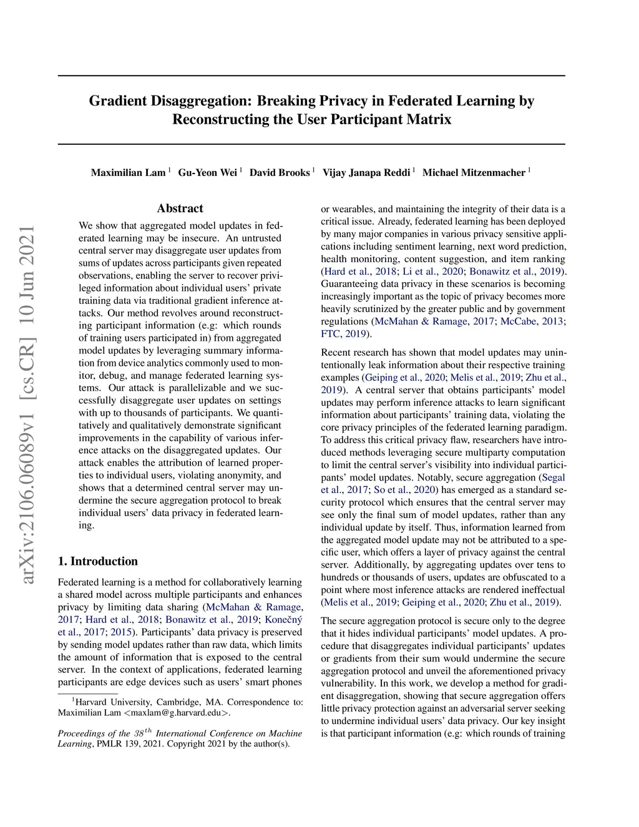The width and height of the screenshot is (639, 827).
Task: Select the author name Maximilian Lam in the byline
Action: pos(128,173)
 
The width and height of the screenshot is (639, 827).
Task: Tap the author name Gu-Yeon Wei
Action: pos(207,173)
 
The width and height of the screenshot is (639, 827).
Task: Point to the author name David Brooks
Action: pos(279,173)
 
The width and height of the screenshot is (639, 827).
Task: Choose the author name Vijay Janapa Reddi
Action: pos(366,173)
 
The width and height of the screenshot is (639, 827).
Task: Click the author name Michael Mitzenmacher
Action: pos(474,173)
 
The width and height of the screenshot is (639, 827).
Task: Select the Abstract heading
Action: pos(180,208)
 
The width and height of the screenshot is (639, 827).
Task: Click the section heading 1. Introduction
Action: pos(97,561)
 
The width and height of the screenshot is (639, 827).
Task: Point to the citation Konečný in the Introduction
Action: pos(283,620)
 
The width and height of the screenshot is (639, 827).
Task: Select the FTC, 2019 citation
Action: pos(342,334)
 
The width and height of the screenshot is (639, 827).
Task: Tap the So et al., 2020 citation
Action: pos(404,490)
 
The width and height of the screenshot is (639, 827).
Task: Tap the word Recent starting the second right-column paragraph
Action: pos(337,353)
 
